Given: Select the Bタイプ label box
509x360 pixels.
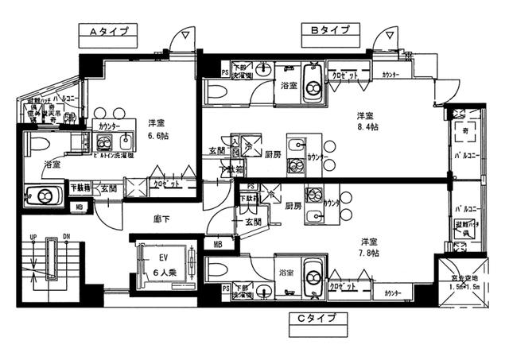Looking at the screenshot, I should (329, 31).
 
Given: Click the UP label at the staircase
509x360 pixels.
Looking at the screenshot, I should (33, 238).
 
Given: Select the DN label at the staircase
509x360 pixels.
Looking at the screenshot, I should (67, 238).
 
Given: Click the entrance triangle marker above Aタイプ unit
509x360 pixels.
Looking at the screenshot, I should (185, 36).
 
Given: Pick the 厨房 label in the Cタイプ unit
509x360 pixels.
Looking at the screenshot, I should (292, 205).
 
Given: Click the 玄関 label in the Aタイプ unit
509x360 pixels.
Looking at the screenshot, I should (110, 189).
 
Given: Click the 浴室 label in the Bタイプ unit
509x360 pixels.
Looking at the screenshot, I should (288, 85).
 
